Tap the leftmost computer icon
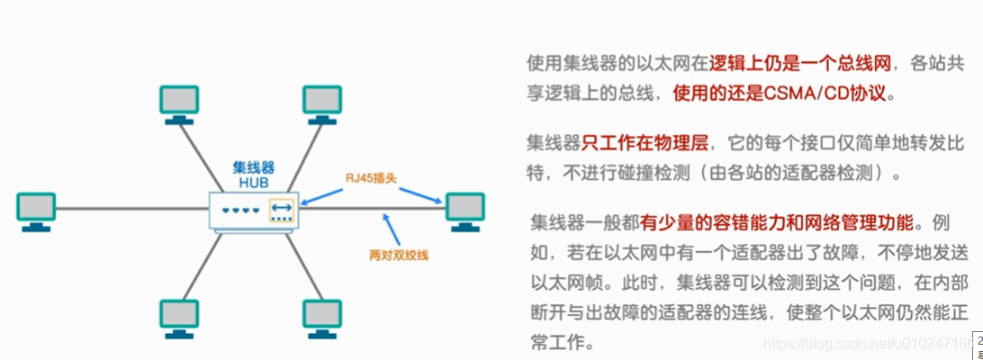[36, 209]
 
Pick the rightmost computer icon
[464, 209]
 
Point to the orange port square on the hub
[281, 209]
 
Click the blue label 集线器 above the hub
[253, 166]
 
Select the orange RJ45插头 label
[371, 177]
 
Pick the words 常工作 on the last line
[559, 343]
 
